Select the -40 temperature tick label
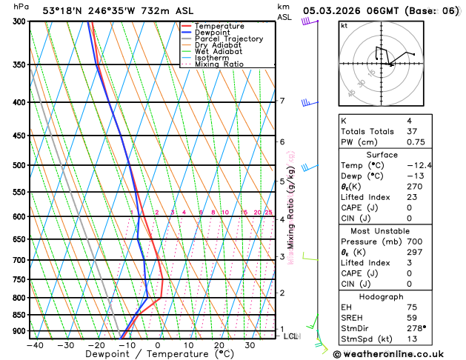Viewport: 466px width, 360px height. tap(33, 345)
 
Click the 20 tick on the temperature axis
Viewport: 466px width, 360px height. tap(219, 345)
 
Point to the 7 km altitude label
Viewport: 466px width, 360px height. tap(282, 101)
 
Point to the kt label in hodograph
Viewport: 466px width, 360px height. tap(344, 25)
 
